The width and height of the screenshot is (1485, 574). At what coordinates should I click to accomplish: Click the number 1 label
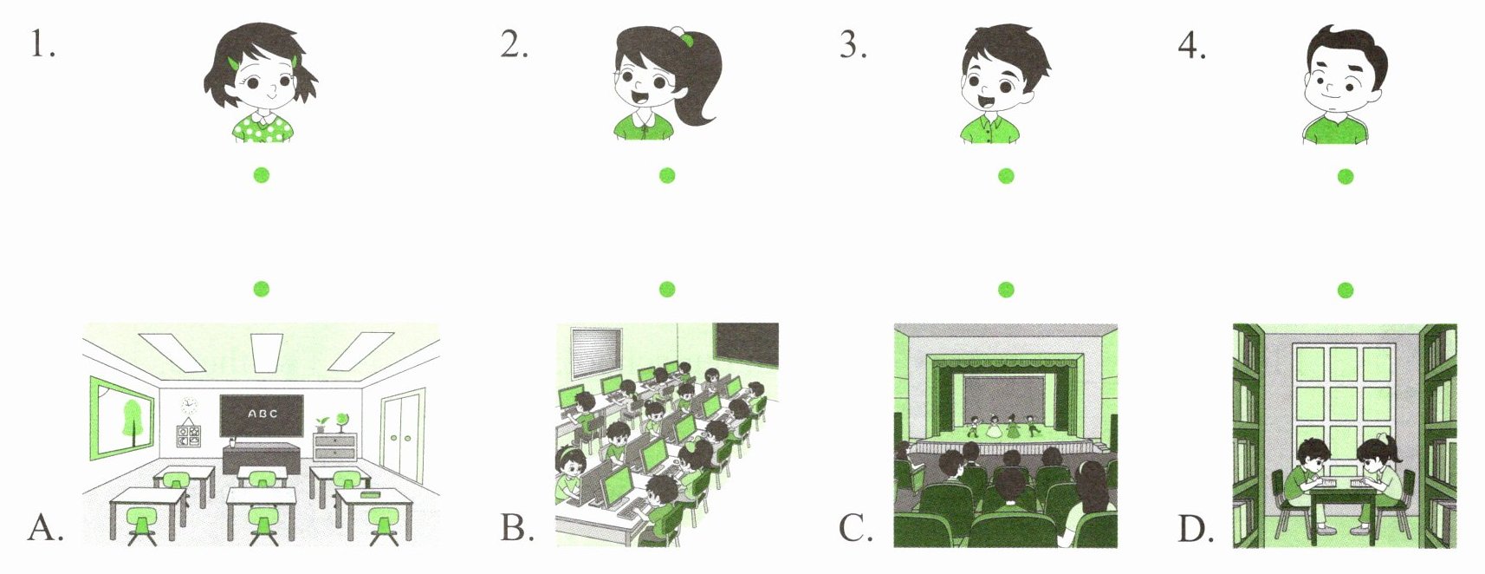pyautogui.click(x=42, y=45)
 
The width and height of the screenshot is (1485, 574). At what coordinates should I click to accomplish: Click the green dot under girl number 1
pyautogui.click(x=262, y=175)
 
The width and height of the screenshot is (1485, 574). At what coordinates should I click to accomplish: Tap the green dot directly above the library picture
pyautogui.click(x=1346, y=290)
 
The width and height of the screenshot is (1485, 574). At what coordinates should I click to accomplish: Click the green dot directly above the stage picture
pyautogui.click(x=1006, y=290)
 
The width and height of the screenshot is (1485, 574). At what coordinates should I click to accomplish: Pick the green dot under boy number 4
pyautogui.click(x=1346, y=177)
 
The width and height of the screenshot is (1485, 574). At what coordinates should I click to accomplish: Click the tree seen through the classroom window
pyautogui.click(x=133, y=421)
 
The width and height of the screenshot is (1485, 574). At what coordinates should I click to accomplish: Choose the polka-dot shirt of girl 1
pyautogui.click(x=263, y=127)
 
